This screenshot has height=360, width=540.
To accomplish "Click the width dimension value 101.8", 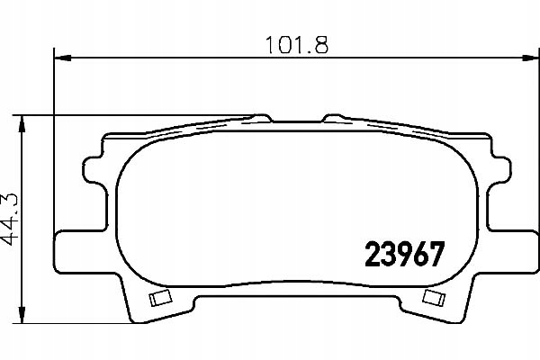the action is click(297, 45).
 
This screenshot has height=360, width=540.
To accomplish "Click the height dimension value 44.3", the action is click(9, 220).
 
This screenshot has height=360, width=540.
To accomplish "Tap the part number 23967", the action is click(405, 254).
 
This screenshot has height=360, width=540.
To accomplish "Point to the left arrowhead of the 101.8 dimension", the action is click(63, 58).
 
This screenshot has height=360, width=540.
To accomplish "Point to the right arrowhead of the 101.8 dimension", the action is click(531, 58).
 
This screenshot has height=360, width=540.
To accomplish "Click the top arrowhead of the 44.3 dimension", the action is click(22, 123).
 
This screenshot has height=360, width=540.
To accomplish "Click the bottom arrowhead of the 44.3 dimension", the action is click(22, 315).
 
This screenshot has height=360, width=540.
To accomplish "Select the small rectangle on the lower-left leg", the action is click(160, 298).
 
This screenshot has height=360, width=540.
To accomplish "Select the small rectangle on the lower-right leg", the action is click(434, 298).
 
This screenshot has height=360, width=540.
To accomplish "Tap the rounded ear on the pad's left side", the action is click(93, 169).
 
